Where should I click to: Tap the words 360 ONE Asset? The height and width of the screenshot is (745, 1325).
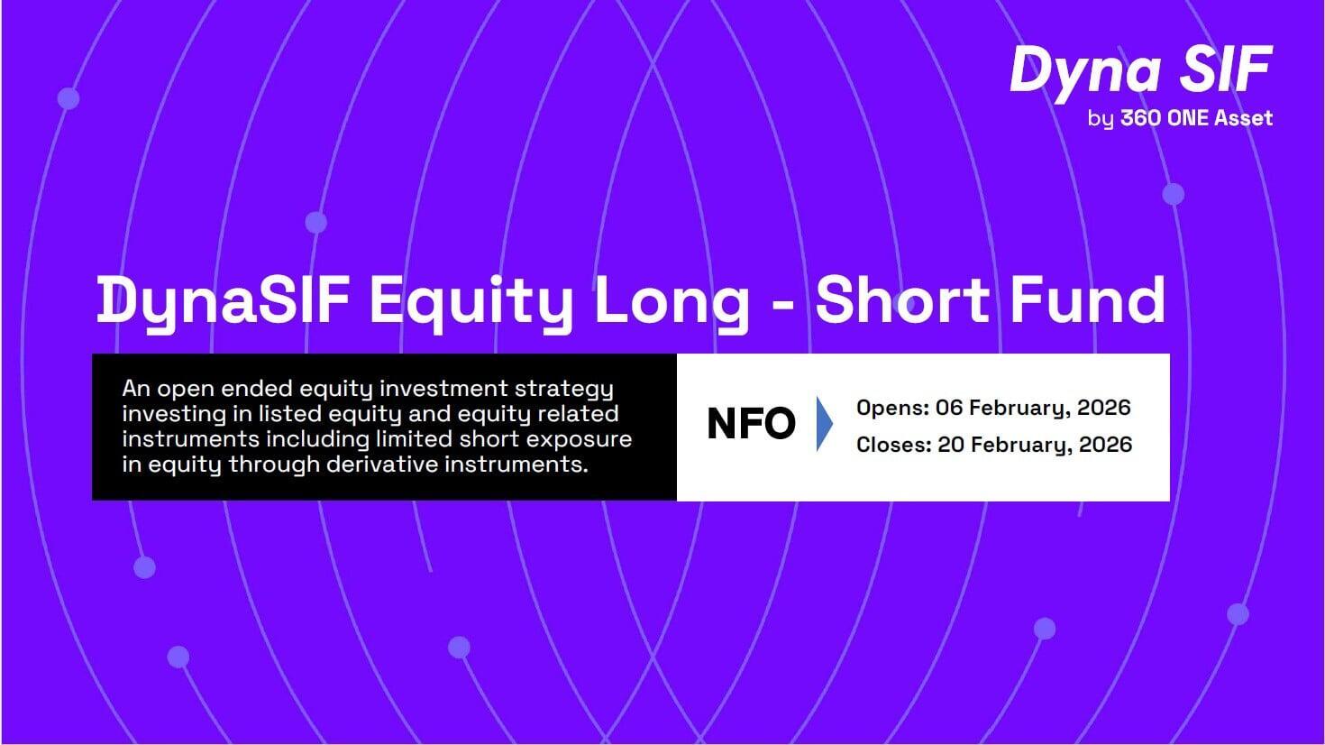[x=1197, y=118]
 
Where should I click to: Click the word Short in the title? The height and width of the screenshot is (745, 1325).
[x=902, y=299]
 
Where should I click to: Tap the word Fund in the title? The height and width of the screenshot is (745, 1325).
[x=1089, y=299]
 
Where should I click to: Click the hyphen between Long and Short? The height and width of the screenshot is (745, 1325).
[x=782, y=306]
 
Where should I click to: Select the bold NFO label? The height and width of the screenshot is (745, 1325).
[x=751, y=424]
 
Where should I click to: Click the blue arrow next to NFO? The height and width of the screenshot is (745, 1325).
[x=824, y=424]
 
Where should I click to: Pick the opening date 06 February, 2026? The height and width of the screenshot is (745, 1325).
[x=1033, y=408]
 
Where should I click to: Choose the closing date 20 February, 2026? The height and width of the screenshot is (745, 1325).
[x=1035, y=445]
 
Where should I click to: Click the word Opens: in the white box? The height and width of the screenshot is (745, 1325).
[x=893, y=409]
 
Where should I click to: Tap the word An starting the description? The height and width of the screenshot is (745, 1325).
[x=136, y=390]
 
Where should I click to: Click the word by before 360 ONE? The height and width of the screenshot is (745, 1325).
[x=1101, y=120]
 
